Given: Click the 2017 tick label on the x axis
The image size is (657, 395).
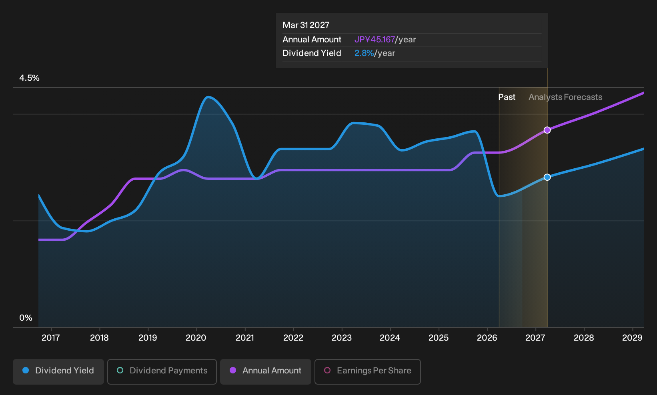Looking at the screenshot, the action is tap(51, 338).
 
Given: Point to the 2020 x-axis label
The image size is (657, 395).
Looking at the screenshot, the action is tap(196, 338).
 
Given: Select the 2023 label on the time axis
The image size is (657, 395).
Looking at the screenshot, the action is tap(342, 338).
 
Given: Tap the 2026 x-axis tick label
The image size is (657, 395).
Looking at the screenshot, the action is tap(487, 338).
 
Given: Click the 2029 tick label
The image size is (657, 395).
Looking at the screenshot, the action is tap(632, 338).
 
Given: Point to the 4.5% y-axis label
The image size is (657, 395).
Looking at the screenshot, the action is tap(29, 78).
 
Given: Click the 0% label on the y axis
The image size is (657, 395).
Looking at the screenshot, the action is tap(26, 318).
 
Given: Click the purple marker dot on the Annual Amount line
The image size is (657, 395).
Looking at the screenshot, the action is tap(547, 130).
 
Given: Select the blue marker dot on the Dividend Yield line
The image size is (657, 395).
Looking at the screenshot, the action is tap(547, 177).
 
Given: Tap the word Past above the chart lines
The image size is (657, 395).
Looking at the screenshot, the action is tap(507, 97).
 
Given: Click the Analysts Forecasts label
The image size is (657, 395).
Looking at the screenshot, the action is tap(565, 97).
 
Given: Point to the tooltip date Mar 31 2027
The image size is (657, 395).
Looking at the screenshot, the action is tap(306, 25).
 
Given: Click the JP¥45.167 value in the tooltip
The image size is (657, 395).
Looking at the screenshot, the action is tap(375, 40).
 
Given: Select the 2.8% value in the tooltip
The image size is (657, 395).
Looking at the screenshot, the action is tap(364, 53).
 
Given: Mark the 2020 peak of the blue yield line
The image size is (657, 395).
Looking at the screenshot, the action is tap(208, 97).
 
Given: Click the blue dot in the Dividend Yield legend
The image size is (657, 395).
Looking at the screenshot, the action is tap(26, 370).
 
